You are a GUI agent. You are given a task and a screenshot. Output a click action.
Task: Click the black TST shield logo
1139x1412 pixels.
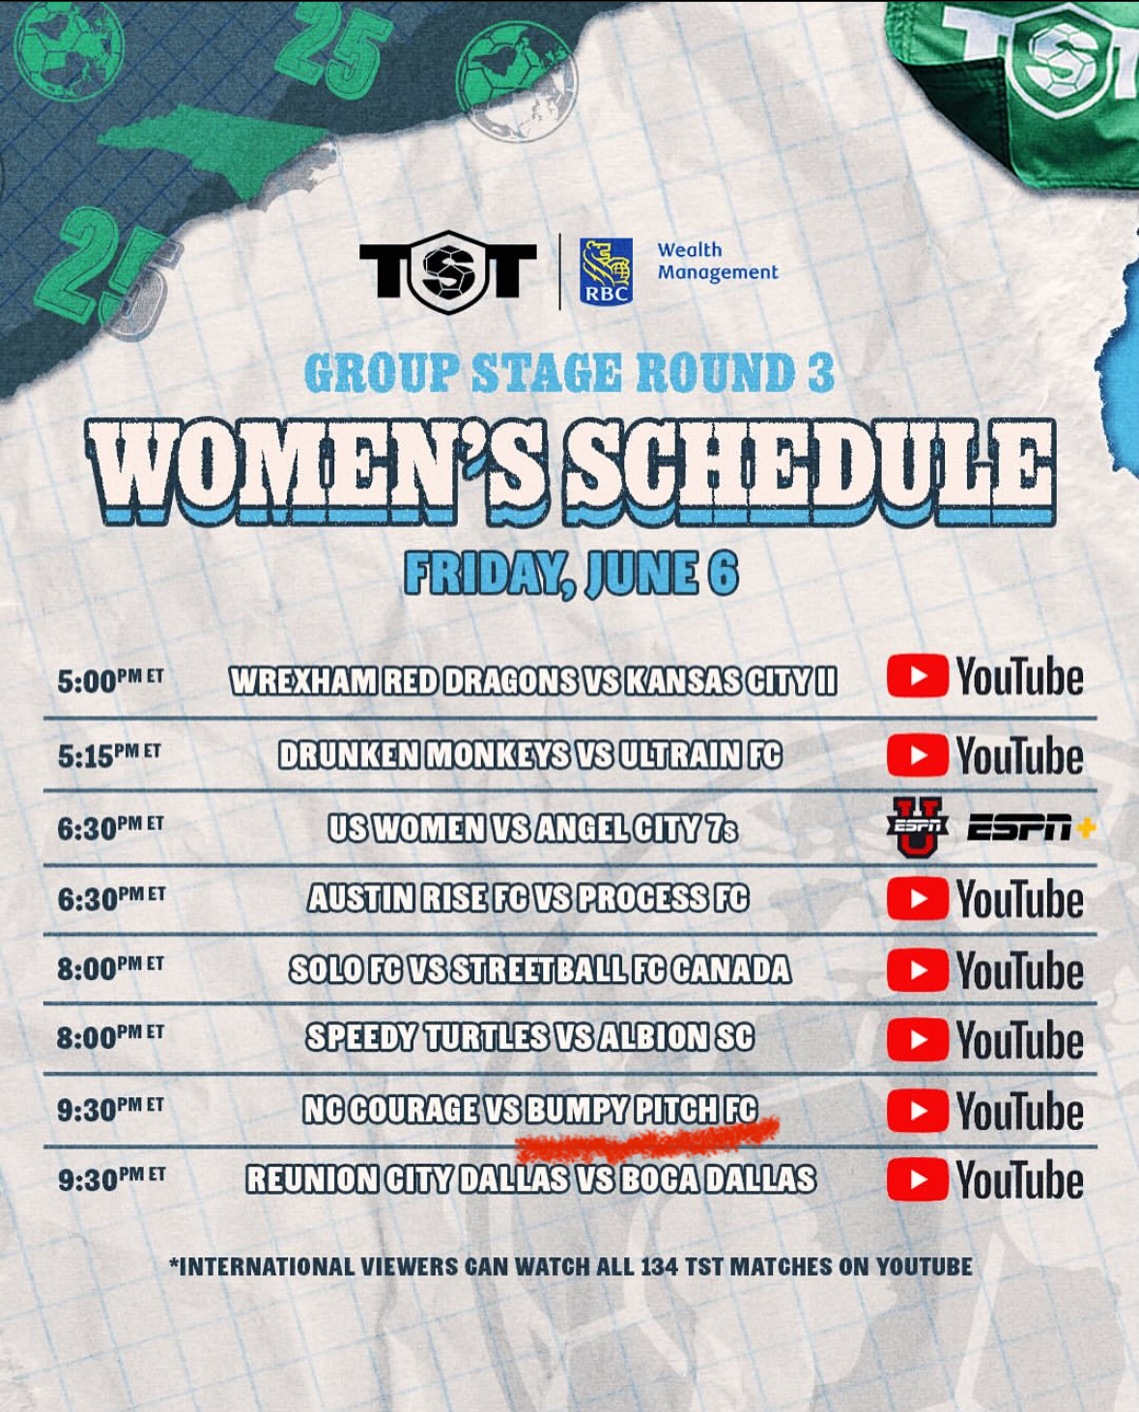pos(447,271)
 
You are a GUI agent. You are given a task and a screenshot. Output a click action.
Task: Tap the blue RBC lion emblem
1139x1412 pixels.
pos(606,270)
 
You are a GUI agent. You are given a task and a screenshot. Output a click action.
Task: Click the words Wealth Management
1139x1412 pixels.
pos(718,262)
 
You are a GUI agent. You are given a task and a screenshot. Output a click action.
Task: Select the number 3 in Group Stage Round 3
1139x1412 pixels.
pos(819,373)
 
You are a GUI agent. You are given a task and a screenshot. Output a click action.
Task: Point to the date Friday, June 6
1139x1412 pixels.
pos(571,574)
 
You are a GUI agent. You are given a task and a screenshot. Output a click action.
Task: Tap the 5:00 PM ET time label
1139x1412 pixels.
pos(109,681)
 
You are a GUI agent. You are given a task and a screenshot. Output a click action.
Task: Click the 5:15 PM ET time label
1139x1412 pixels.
pos(109,755)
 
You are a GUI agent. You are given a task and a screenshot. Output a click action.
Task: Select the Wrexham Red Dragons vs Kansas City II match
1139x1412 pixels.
pos(533,681)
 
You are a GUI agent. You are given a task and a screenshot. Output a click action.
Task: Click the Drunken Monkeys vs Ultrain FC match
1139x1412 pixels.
pos(530,754)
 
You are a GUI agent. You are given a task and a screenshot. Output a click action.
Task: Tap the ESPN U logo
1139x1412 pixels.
pos(917,828)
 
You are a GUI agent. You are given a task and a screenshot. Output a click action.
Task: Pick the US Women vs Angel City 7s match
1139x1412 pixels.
pos(532,828)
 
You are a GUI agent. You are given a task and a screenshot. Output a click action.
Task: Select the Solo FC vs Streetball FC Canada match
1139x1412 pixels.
pos(540,969)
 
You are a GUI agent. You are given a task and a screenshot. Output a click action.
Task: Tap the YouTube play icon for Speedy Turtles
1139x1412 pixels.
pos(917,1039)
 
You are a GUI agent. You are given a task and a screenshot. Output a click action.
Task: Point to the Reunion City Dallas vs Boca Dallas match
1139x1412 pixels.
pos(531,1179)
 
